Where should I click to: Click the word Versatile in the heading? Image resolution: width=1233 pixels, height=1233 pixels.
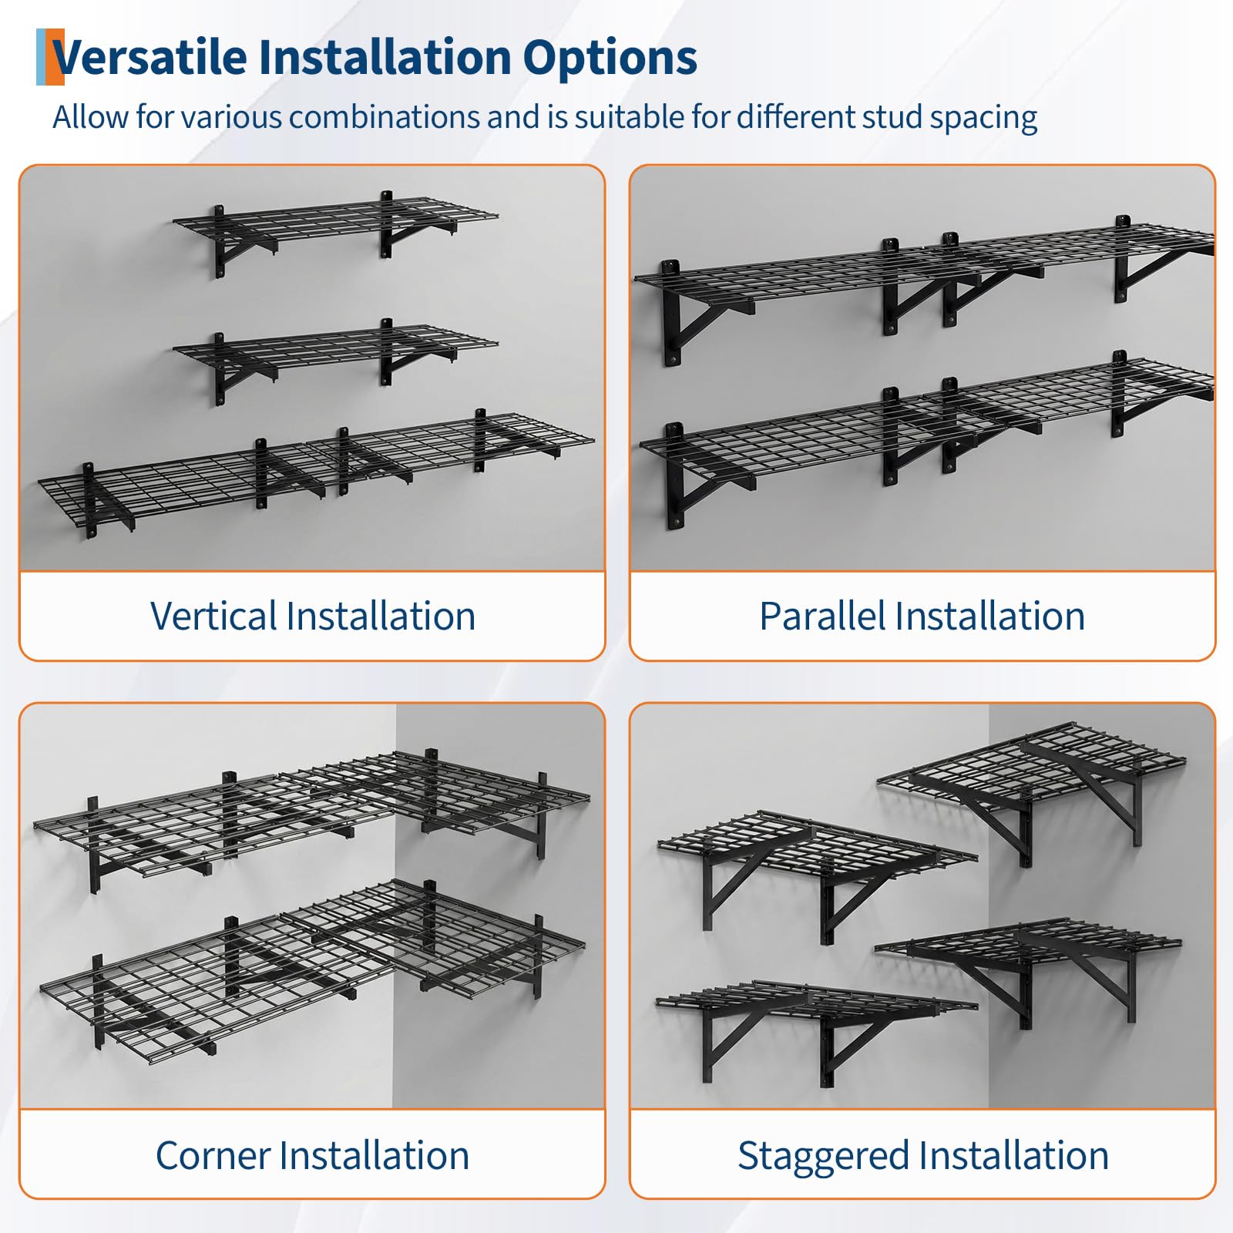[150, 57]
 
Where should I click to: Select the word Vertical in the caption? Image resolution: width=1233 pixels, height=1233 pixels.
[213, 616]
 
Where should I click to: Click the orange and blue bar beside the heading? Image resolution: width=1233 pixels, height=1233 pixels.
[50, 56]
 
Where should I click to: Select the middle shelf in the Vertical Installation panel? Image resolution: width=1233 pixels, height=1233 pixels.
[335, 351]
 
